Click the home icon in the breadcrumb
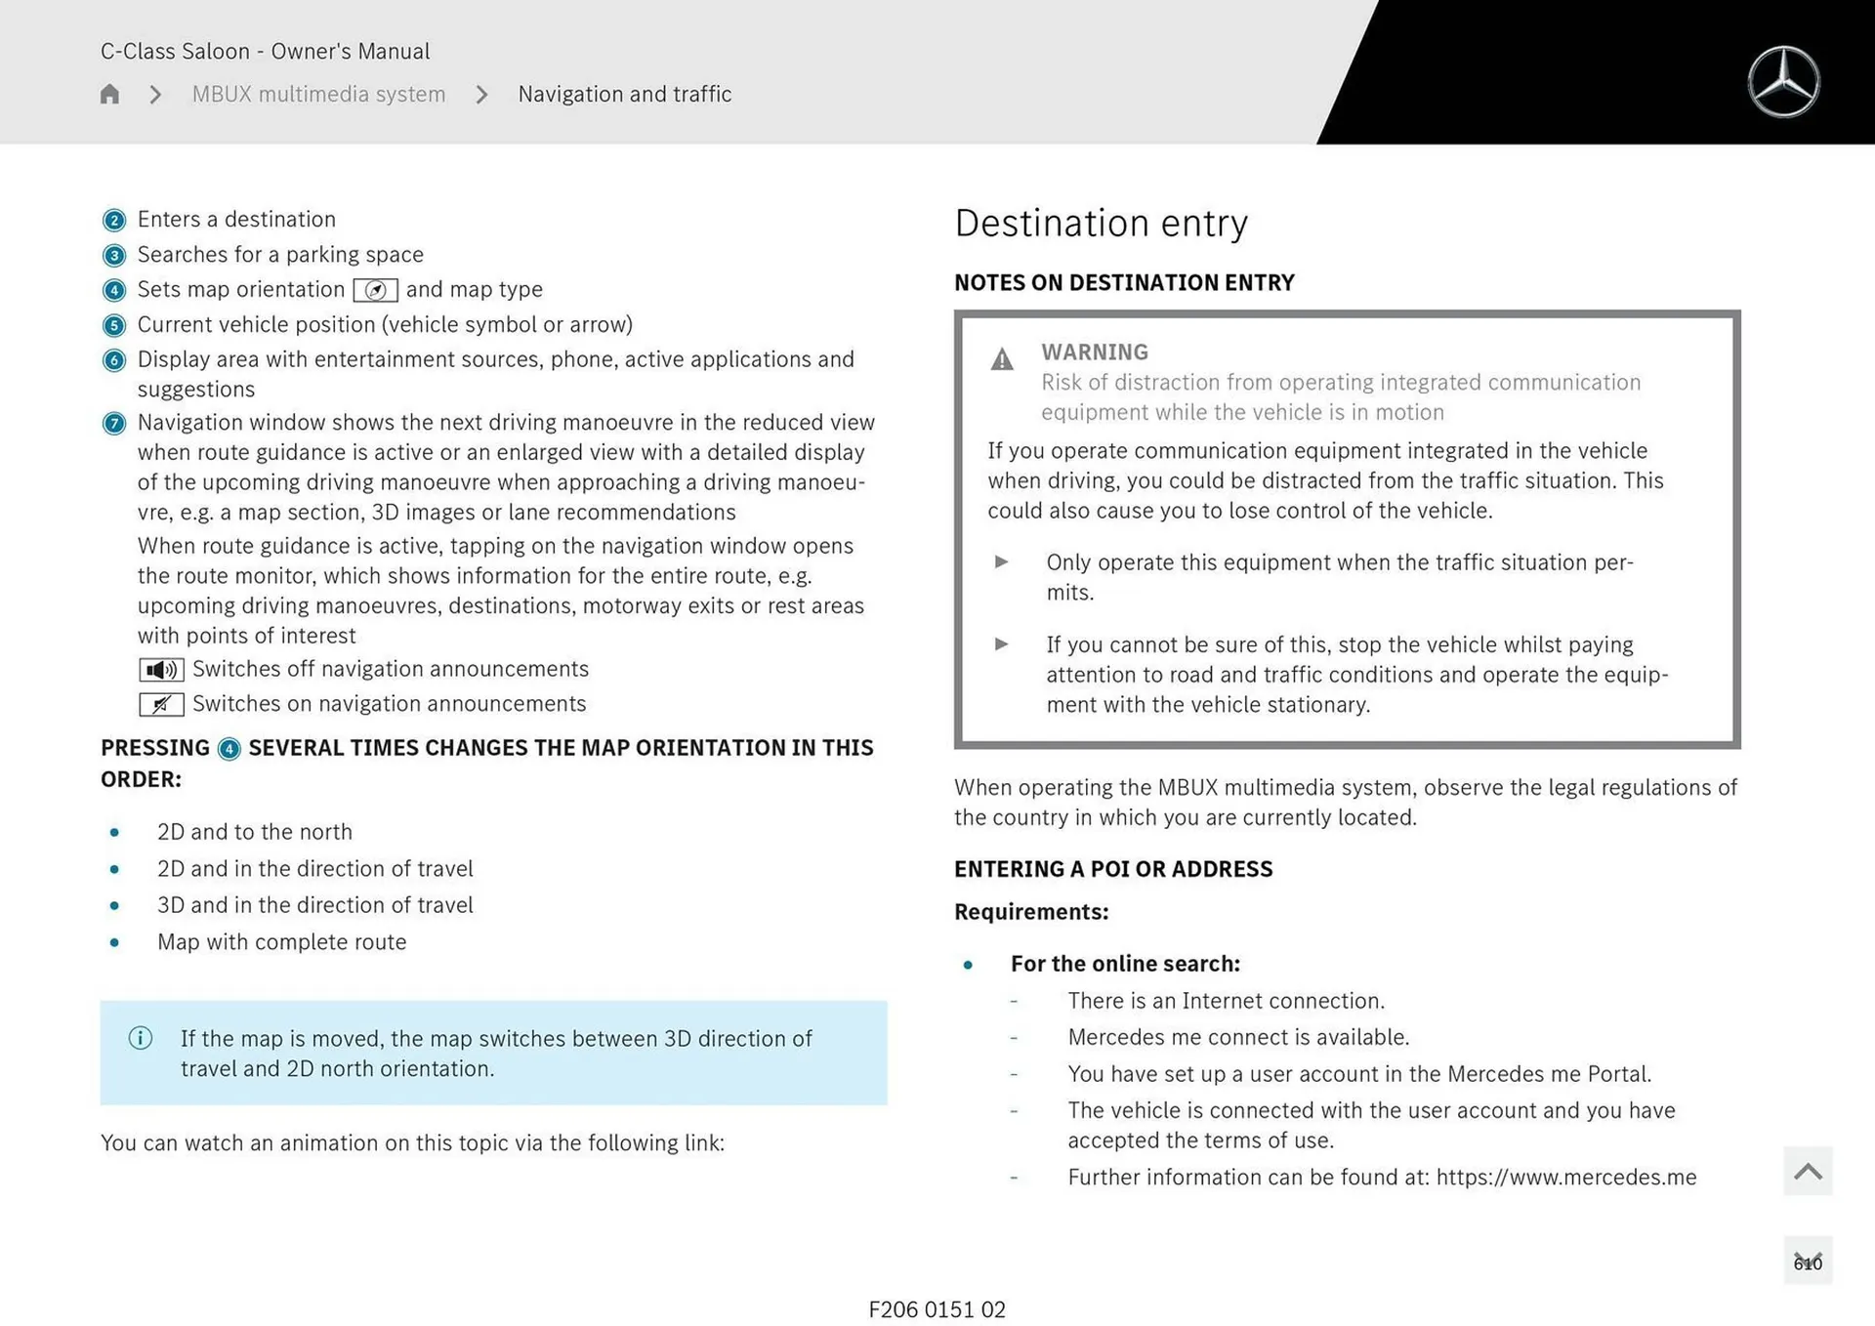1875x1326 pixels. coord(109,94)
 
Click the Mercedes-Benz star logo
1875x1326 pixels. coord(1783,82)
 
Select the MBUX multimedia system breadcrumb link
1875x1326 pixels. coord(318,94)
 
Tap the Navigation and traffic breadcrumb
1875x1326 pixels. coord(624,94)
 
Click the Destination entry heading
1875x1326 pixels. coord(1101,223)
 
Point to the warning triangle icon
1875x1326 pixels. coord(1002,359)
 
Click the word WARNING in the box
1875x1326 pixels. coord(1094,352)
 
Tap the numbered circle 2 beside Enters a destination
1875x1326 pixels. coord(114,221)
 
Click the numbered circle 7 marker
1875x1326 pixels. coord(114,424)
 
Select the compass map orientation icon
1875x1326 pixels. coord(375,290)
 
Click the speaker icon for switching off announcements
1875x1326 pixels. coord(161,670)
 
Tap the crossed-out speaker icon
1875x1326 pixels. coord(161,704)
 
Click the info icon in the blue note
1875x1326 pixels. coord(141,1038)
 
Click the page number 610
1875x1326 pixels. coord(1808,1263)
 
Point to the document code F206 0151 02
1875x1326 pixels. coord(937,1309)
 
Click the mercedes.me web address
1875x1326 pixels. coord(1566,1177)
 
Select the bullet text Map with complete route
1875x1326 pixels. coord(281,941)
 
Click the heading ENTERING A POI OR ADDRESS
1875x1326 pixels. coord(1113,869)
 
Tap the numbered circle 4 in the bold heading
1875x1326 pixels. coord(229,749)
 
